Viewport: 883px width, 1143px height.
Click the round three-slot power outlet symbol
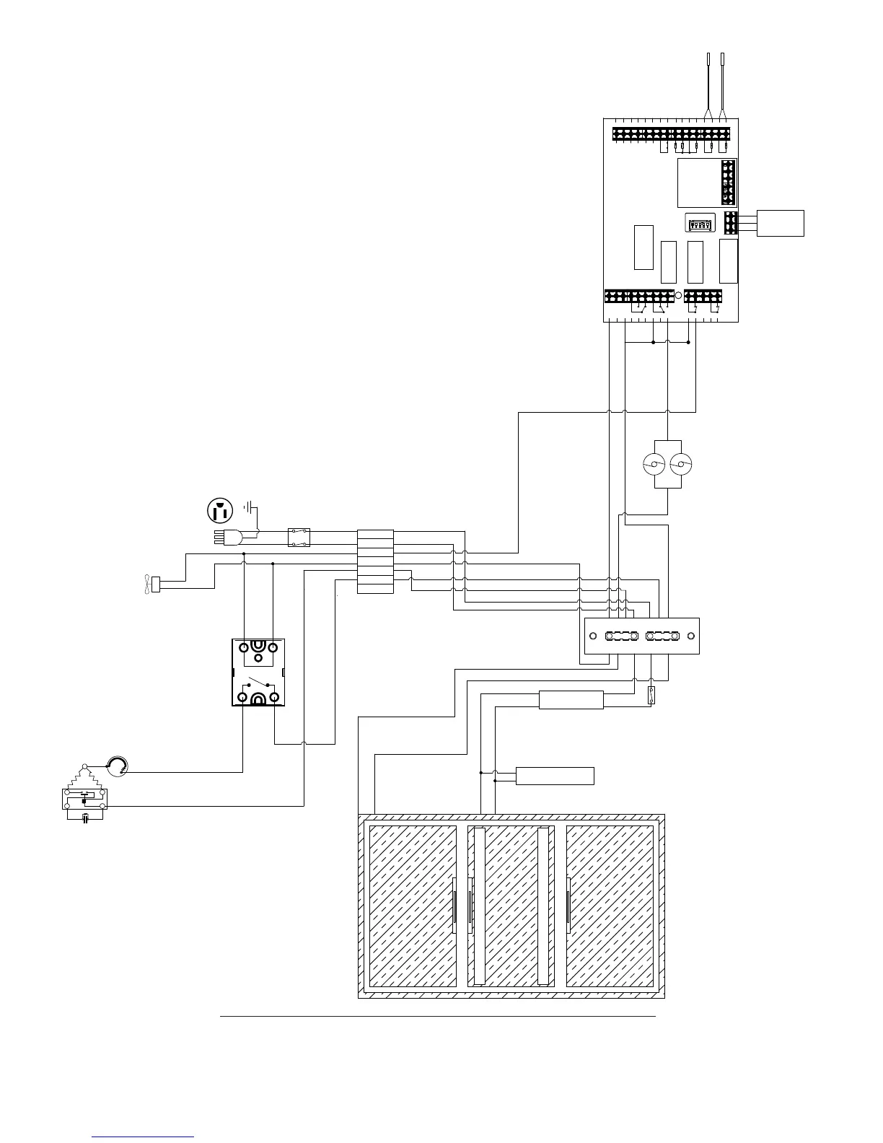tap(220, 511)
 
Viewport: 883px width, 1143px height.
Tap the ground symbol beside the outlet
tap(249, 507)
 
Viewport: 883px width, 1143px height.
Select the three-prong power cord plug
tap(229, 537)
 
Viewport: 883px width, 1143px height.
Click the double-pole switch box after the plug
tap(299, 537)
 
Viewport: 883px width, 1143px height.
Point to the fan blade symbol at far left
tap(146, 584)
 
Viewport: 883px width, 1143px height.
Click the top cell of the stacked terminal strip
tap(375, 535)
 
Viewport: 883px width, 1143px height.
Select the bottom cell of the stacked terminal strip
tap(375, 589)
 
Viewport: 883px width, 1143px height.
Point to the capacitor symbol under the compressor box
tap(85, 818)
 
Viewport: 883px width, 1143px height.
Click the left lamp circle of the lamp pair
tap(655, 464)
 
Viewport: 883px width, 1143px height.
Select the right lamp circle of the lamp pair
tap(680, 464)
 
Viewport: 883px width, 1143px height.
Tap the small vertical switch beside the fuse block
tap(651, 696)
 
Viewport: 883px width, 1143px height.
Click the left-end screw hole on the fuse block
tap(593, 636)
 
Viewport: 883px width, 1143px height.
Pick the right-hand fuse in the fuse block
tap(662, 636)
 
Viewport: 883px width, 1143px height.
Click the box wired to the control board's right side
tap(781, 223)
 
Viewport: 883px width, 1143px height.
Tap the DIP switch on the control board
tap(700, 224)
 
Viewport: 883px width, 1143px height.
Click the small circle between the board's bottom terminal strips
tap(679, 295)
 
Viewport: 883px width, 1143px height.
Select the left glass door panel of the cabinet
tap(413, 906)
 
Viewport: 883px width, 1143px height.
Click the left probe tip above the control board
tap(708, 59)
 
